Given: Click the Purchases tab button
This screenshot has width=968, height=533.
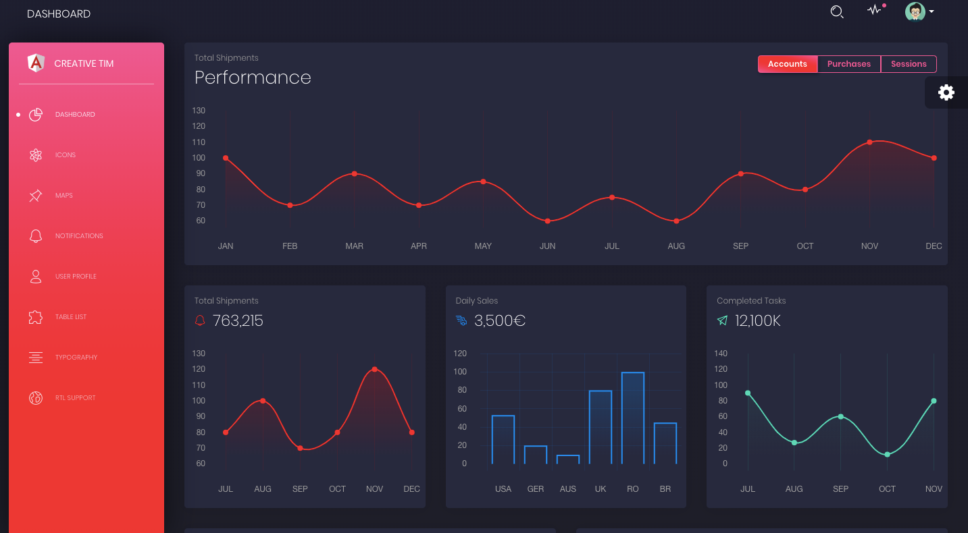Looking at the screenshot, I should click(849, 64).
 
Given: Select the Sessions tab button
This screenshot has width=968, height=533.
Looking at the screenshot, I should click(909, 64).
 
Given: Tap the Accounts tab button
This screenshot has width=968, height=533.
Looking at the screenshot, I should click(788, 64).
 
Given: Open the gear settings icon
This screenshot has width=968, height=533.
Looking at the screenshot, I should click(946, 92).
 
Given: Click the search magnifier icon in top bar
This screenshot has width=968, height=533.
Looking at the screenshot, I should click(837, 12).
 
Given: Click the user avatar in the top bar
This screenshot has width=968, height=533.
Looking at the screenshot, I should click(915, 11).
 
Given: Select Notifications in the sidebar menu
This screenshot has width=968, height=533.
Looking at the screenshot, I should click(79, 236).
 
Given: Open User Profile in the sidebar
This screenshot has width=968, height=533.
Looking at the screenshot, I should click(76, 277).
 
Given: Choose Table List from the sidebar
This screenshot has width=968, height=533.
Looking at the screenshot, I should click(71, 317).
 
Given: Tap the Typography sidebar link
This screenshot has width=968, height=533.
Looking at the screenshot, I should click(76, 358).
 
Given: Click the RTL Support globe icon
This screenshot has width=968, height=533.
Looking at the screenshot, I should click(36, 398).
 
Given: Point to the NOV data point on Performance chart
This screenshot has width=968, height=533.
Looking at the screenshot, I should click(869, 142).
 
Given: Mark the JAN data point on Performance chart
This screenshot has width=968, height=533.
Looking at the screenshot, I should click(226, 158).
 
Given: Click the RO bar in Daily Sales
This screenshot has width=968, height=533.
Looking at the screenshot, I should click(633, 418).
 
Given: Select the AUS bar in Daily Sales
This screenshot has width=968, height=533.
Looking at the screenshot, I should click(568, 459).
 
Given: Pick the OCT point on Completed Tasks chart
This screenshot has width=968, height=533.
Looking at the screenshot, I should click(887, 454).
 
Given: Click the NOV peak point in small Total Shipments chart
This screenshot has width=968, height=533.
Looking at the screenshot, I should click(374, 369).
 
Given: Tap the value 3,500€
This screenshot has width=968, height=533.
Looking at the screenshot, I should click(500, 321).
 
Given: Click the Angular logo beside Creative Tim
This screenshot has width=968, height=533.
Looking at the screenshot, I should click(36, 63).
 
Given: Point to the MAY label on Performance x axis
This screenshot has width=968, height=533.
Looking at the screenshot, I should click(483, 246).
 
